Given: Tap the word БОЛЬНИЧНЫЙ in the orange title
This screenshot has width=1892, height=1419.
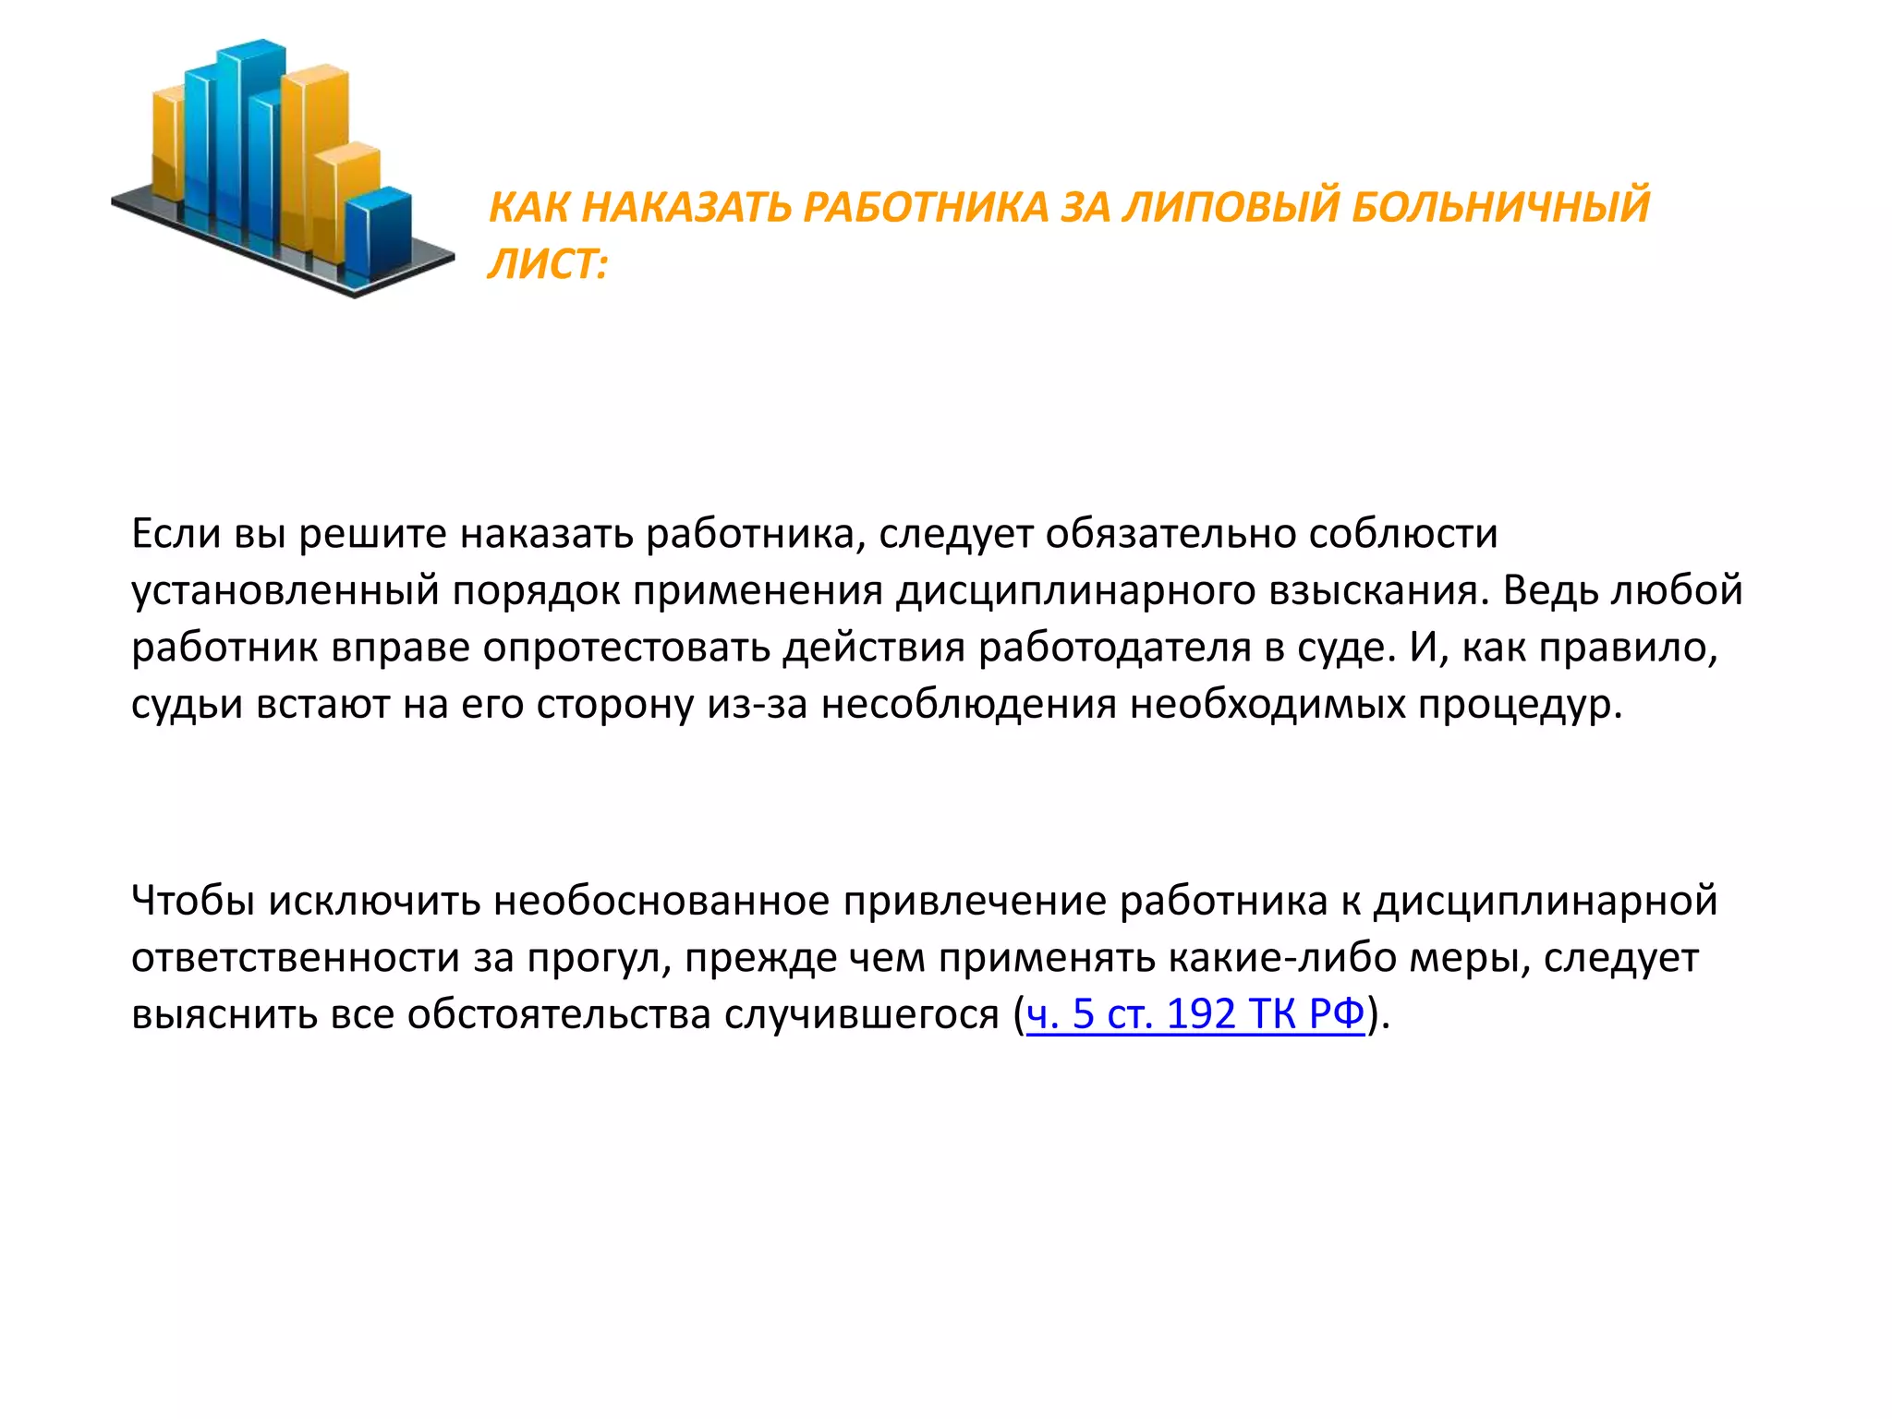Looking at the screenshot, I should pos(1500,206).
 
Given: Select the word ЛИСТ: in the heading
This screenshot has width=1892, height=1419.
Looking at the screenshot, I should pos(548,265).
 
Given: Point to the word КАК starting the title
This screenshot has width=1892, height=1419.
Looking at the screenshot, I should pos(528,206).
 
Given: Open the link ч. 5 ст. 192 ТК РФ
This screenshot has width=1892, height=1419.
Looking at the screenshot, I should pos(1195,1014).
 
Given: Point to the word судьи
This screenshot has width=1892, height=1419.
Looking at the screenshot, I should pos(187,705).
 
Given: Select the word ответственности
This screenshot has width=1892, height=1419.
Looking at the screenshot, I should pos(296,958).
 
